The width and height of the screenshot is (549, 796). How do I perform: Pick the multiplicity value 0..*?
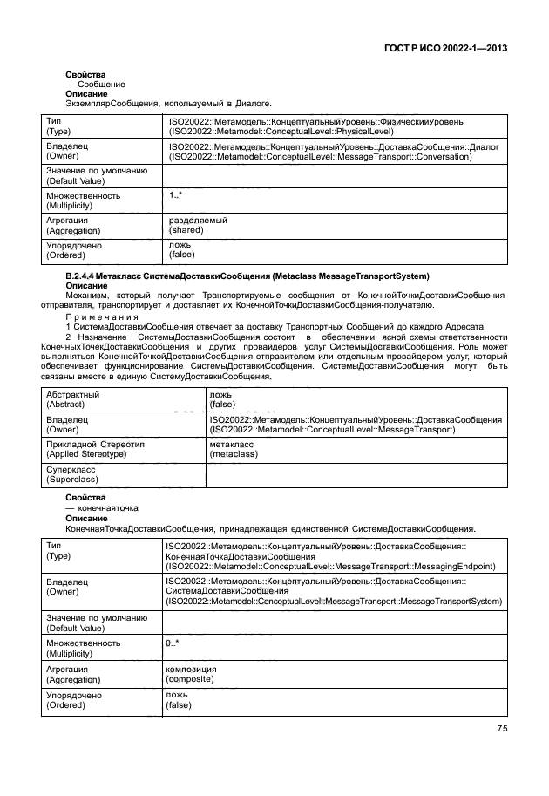pyautogui.click(x=172, y=643)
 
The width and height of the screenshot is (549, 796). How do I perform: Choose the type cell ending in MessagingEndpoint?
pyautogui.click(x=331, y=555)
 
